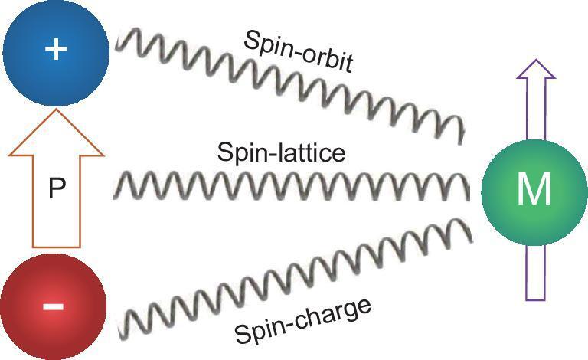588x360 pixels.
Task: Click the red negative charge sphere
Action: [53, 306]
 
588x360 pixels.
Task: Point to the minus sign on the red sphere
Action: [53, 306]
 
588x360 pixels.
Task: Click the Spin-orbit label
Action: [299, 53]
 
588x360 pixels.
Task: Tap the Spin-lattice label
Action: [281, 152]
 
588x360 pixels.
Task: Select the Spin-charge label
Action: [303, 321]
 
